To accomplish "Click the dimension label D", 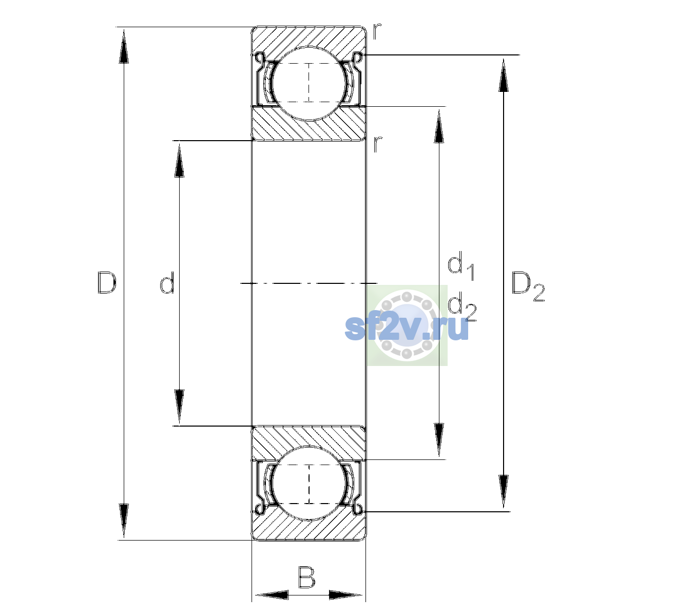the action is [x=107, y=283].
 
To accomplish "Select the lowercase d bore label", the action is [x=167, y=283].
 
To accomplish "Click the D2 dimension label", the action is [x=528, y=286].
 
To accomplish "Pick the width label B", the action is [x=306, y=577].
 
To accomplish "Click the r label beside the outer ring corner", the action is [x=377, y=31].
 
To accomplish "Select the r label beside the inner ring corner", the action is [x=377, y=144].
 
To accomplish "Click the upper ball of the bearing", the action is [x=309, y=83].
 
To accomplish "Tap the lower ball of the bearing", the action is [x=309, y=484].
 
